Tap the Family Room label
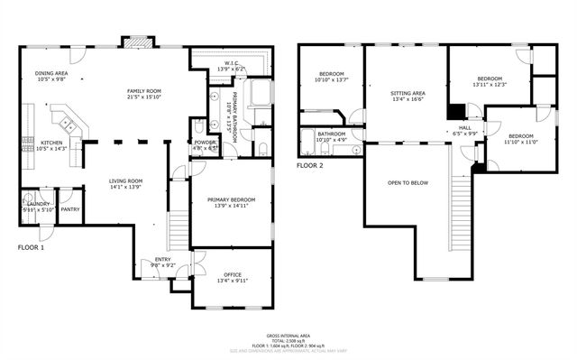tap(143, 91)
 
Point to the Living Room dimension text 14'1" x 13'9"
tap(126, 188)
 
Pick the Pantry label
tap(69, 209)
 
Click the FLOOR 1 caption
tap(32, 246)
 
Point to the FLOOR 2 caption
tap(310, 165)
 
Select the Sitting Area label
tap(408, 92)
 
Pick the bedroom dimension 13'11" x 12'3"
tap(492, 84)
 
